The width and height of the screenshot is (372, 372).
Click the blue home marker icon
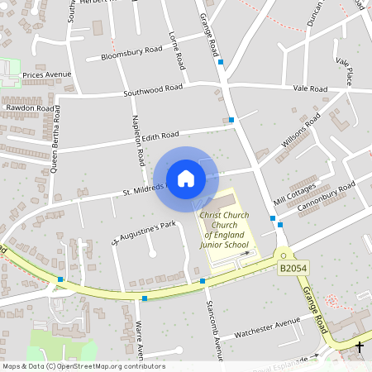pyautogui.click(x=186, y=179)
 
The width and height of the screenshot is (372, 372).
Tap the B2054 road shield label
pyautogui.click(x=292, y=269)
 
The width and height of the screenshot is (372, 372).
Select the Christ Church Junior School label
pyautogui.click(x=224, y=230)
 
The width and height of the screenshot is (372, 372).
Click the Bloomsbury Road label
pyautogui.click(x=131, y=54)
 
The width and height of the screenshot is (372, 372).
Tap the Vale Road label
pyautogui.click(x=311, y=87)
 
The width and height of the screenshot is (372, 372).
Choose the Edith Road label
pyautogui.click(x=160, y=136)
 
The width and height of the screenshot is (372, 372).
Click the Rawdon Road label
pyautogui.click(x=30, y=107)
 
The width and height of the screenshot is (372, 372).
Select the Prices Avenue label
pyautogui.click(x=47, y=74)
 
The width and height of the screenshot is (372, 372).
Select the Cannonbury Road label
pyautogui.click(x=326, y=199)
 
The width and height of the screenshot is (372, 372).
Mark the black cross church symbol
pyautogui.click(x=360, y=347)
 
